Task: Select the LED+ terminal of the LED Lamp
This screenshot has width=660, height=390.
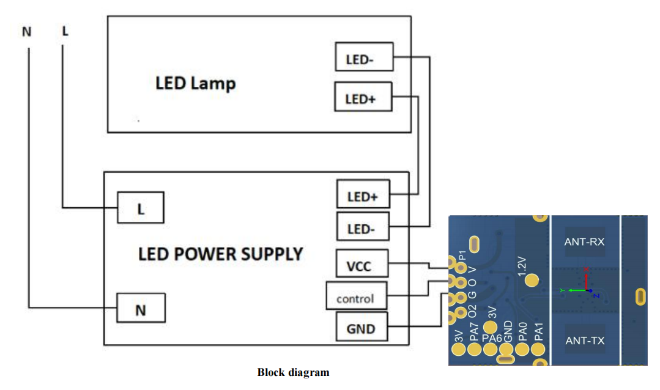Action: click(363, 97)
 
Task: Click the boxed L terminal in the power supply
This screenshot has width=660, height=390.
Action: click(141, 208)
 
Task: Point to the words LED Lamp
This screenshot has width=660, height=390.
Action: click(195, 83)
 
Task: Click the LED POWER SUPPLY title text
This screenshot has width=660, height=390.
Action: click(220, 253)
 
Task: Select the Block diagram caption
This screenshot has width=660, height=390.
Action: click(293, 372)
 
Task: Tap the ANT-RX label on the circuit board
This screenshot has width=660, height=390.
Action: click(584, 241)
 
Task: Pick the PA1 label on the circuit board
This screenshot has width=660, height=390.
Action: click(538, 332)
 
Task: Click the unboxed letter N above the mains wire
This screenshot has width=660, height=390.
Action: click(26, 32)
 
